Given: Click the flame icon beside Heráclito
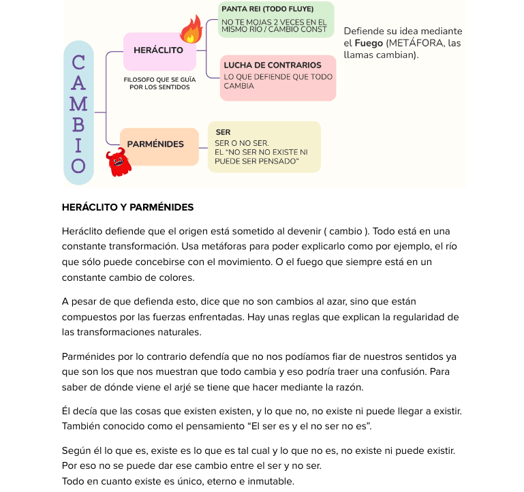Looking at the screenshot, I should pyautogui.click(x=191, y=29).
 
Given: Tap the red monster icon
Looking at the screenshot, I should pyautogui.click(x=119, y=163).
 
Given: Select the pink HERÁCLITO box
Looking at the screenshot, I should pyautogui.click(x=159, y=51).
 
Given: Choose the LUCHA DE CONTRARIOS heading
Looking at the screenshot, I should pyautogui.click(x=272, y=65).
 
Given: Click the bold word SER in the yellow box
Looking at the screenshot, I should pyautogui.click(x=223, y=132).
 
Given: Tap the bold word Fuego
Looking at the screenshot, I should pyautogui.click(x=369, y=43).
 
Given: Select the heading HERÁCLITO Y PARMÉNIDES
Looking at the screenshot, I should pyautogui.click(x=127, y=207).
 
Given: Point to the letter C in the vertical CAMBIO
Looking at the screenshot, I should pyautogui.click(x=78, y=63).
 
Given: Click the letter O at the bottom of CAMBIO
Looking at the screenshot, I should pyautogui.click(x=78, y=166).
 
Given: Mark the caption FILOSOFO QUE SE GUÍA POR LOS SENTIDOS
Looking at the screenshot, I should pyautogui.click(x=159, y=83).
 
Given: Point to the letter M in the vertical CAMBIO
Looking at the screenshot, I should pyautogui.click(x=78, y=104).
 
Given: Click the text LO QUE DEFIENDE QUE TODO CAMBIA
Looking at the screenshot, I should pyautogui.click(x=277, y=81).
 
